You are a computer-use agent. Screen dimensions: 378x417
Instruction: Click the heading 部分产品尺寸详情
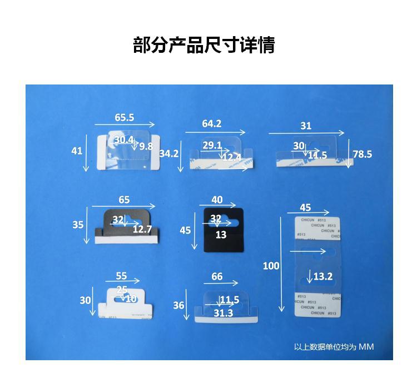click(204, 45)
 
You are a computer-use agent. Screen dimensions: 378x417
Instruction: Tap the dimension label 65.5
click(125, 118)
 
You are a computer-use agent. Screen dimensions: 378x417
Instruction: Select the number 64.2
click(211, 123)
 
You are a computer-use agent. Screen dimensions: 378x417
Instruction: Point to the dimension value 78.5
click(362, 154)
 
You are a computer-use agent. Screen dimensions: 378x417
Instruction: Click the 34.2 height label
click(168, 153)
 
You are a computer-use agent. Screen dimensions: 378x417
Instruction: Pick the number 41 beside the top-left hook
click(77, 151)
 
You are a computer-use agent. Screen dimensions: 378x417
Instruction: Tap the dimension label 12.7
click(142, 228)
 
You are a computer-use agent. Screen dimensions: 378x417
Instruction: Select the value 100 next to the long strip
click(271, 266)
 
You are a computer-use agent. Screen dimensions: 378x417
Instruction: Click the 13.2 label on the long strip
click(323, 276)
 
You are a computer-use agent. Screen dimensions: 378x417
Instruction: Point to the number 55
click(121, 276)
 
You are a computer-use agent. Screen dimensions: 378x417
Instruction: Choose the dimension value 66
click(217, 276)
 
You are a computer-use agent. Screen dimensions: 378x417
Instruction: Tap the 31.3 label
click(223, 313)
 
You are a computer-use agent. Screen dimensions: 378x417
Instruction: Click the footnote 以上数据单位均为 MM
click(334, 347)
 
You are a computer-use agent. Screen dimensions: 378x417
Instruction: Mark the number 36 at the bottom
click(178, 305)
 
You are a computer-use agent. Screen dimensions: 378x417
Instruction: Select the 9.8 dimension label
click(146, 146)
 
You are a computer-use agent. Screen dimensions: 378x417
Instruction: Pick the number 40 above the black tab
click(217, 200)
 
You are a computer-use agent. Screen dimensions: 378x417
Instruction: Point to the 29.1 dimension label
click(212, 146)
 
